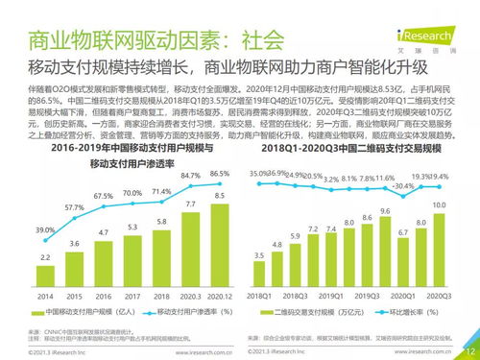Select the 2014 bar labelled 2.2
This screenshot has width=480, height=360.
click(x=45, y=274)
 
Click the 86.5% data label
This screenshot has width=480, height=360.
click(x=220, y=174)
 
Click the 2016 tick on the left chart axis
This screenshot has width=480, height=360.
click(x=103, y=297)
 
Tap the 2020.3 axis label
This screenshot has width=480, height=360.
click(x=189, y=297)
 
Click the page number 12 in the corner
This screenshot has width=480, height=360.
click(x=467, y=349)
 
